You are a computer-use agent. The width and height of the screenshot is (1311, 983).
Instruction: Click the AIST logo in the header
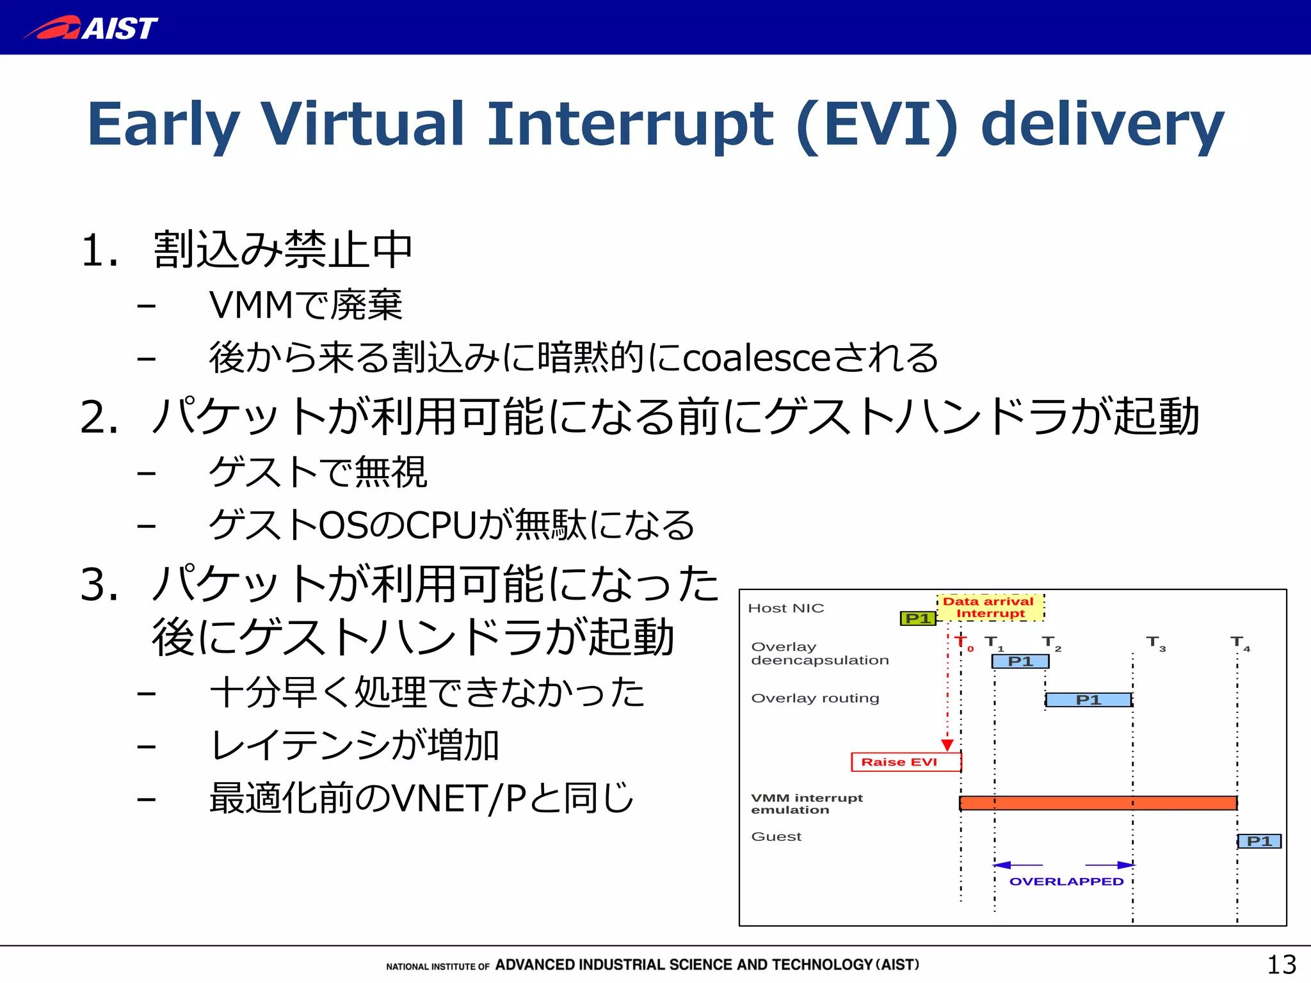(x=91, y=28)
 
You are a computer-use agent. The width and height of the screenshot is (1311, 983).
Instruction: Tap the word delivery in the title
(x=1102, y=124)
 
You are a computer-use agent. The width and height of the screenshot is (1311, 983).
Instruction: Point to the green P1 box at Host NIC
(x=918, y=618)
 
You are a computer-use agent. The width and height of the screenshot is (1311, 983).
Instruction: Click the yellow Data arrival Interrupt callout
(x=989, y=607)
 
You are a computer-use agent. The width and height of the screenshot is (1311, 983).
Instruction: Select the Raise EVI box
(x=906, y=762)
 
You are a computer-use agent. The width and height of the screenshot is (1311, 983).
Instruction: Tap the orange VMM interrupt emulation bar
(x=1098, y=803)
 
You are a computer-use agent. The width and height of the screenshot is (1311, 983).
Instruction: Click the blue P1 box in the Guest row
(x=1259, y=841)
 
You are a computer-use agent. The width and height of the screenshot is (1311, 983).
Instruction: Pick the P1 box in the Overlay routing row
(x=1088, y=700)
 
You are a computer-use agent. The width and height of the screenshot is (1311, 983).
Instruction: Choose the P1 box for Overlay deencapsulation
(x=1020, y=661)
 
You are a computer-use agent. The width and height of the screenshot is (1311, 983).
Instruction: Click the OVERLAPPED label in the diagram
(x=1066, y=881)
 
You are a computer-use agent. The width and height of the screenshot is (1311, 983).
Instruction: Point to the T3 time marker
(x=1155, y=643)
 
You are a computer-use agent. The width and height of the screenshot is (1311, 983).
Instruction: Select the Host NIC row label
(x=785, y=608)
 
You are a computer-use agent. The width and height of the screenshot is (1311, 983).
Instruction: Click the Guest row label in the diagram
(x=776, y=836)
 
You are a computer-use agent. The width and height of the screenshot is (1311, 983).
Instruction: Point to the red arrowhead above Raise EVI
(x=947, y=745)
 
